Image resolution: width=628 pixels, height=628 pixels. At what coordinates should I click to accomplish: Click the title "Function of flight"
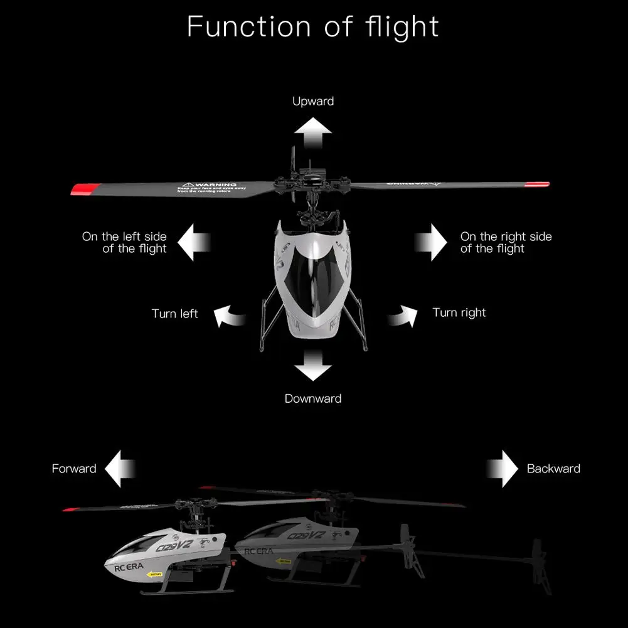(313, 27)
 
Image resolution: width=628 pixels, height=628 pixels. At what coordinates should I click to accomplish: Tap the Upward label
(313, 101)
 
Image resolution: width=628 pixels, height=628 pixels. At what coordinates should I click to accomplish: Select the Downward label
(313, 398)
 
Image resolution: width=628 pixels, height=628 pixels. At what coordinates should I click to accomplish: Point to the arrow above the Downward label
(314, 366)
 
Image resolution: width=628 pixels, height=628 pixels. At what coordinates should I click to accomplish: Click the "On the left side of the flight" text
(125, 242)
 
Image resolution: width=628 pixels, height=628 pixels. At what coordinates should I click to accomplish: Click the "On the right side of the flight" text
(506, 242)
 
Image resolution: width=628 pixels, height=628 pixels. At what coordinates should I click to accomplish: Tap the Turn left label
(174, 314)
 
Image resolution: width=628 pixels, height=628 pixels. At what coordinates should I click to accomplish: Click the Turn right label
(459, 312)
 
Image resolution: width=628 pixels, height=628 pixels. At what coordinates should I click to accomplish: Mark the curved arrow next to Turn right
(402, 315)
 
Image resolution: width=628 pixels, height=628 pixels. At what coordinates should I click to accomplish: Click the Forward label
(74, 469)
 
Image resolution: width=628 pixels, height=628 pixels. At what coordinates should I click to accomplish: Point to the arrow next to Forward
(120, 469)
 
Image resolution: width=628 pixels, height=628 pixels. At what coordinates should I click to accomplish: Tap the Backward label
(553, 469)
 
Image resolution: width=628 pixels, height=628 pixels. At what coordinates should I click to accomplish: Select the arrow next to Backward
(503, 469)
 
